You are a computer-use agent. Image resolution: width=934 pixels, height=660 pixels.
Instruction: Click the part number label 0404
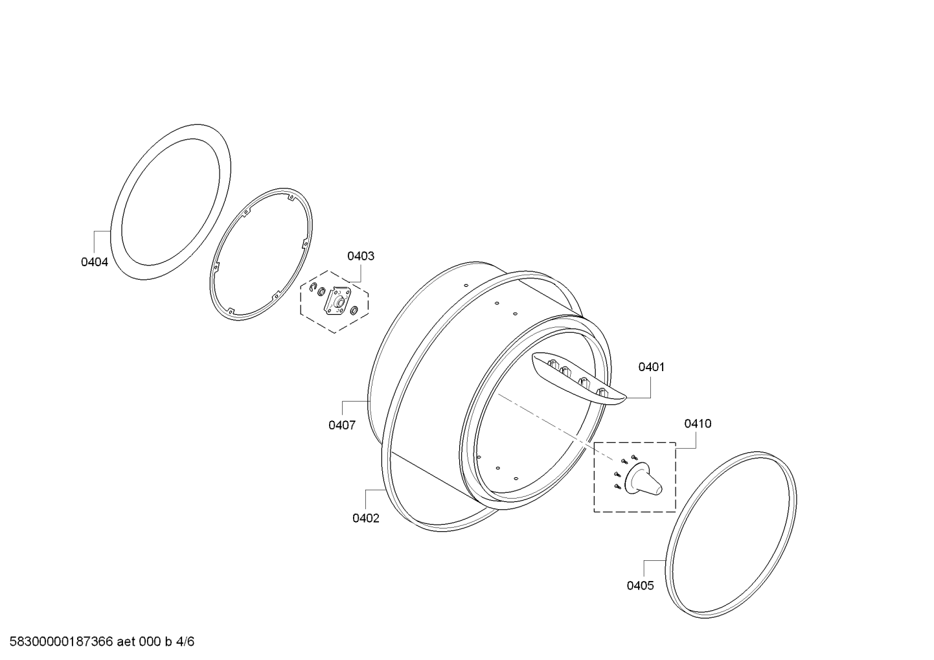pos(94,262)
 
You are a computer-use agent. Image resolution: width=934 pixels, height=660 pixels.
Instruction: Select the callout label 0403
pos(361,256)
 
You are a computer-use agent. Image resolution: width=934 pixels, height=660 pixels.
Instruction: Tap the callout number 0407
pos(342,426)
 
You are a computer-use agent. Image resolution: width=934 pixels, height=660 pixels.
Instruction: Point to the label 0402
pos(366,518)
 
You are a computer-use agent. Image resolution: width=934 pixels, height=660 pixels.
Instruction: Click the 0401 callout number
pos(652,367)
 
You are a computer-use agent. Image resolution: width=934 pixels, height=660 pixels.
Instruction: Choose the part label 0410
pos(698,424)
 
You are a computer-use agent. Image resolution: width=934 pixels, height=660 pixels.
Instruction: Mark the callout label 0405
pos(641,586)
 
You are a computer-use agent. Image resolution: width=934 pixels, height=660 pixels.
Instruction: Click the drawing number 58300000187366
pos(61,642)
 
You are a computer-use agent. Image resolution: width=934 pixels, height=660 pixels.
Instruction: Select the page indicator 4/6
pos(185,642)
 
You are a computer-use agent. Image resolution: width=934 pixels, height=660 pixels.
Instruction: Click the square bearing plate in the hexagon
pos(337,301)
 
